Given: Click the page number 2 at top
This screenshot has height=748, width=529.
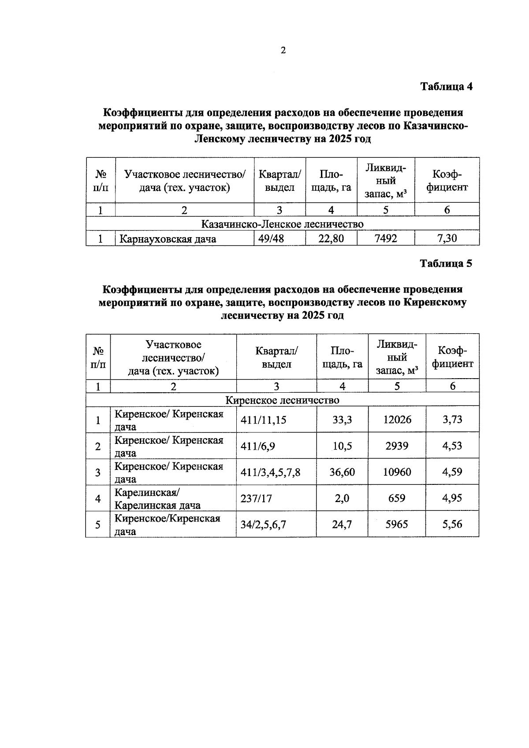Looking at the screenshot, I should [283, 50].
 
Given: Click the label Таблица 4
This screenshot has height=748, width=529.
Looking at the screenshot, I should [446, 86].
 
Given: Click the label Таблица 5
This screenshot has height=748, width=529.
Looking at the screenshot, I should [446, 264].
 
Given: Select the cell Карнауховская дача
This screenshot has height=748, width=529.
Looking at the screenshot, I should [168, 239].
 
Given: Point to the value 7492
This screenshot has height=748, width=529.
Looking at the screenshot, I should [385, 238].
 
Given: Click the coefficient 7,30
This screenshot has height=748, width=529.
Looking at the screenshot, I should [447, 238].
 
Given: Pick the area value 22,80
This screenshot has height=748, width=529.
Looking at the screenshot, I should [331, 238].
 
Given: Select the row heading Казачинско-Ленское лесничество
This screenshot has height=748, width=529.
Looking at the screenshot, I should [282, 224].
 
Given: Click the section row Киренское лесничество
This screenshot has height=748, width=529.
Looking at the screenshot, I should [282, 400].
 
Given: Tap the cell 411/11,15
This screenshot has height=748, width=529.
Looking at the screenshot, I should [263, 420].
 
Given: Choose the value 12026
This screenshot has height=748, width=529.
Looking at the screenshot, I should [397, 420].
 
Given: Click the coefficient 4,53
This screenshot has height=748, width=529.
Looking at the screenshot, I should [452, 446].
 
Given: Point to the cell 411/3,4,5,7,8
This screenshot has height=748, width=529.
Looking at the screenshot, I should [270, 472].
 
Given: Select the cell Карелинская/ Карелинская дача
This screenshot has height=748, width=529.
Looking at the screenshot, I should [157, 499].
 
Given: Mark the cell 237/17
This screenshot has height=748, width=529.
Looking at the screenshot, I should [256, 498].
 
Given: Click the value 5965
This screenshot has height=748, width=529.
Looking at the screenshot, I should [397, 524].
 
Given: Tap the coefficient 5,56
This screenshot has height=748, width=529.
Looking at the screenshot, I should [452, 524].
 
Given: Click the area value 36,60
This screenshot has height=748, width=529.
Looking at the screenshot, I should [342, 472].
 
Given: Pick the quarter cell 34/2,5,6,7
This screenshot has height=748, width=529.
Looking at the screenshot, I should [263, 525].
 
